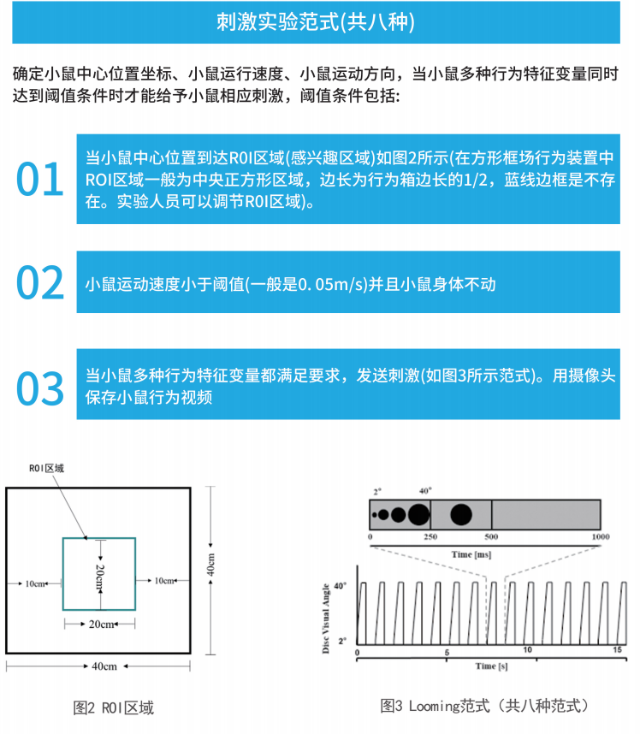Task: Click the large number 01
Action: tap(40, 179)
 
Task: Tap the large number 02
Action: tap(40, 283)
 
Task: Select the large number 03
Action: tap(40, 388)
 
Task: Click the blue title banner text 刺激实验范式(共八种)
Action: tap(316, 22)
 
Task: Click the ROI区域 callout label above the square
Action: tap(47, 468)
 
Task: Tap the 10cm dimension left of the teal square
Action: tap(36, 583)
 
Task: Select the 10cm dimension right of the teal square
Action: tap(164, 581)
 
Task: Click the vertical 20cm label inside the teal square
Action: tap(99, 575)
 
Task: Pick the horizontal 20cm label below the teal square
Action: tap(100, 624)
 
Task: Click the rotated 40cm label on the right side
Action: tap(211, 567)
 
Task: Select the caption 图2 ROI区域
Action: tap(114, 707)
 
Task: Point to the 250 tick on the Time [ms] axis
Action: tap(430, 537)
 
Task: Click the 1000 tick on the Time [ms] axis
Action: tap(600, 537)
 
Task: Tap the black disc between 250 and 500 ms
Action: tap(461, 514)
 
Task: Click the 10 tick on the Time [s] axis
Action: tap(527, 651)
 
